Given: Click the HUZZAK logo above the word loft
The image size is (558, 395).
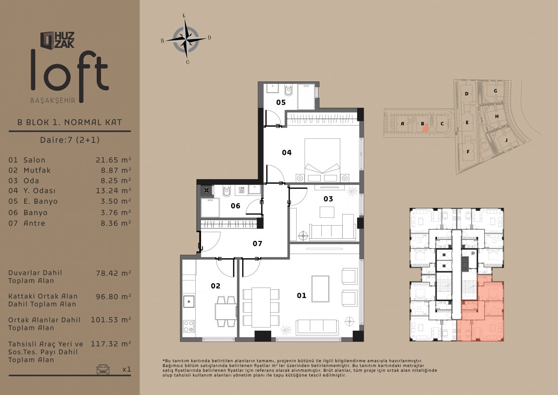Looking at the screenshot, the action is [x=57, y=40].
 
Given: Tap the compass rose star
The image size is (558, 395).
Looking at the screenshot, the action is [x=186, y=40].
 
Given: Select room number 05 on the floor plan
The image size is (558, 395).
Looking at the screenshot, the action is [x=281, y=102].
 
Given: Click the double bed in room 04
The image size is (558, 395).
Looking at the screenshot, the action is [x=322, y=160].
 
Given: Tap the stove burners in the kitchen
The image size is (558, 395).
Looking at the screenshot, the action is [x=189, y=326].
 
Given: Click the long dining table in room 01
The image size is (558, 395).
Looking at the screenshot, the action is [x=261, y=307].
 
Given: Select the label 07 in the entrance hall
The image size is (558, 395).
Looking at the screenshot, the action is [x=257, y=243].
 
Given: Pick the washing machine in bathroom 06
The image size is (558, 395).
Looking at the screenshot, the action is [x=241, y=190].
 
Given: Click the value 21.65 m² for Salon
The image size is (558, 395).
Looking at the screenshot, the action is [x=113, y=160].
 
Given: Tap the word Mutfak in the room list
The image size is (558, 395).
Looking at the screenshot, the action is [x=37, y=170].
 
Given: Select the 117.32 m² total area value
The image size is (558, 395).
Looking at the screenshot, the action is [x=111, y=344].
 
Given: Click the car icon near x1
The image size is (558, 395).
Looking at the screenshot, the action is [x=103, y=369].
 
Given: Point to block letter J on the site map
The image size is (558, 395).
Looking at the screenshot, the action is [x=506, y=141].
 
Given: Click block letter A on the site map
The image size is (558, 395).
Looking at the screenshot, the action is [x=402, y=124].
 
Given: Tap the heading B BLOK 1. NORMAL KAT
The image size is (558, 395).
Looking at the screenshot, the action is [x=69, y=122].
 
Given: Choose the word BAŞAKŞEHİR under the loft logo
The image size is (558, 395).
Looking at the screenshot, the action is [x=53, y=100].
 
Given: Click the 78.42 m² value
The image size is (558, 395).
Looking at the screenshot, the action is [x=113, y=273].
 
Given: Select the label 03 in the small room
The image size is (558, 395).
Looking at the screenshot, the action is [x=328, y=199].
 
